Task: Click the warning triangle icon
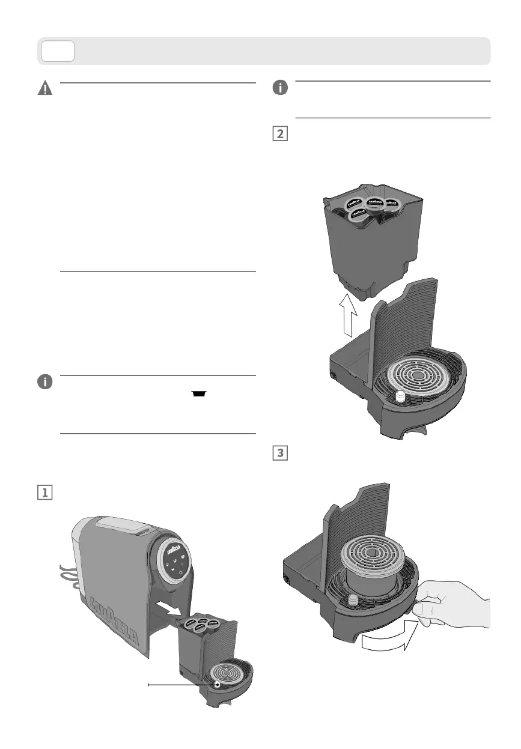[45, 89]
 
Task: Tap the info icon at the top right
[279, 88]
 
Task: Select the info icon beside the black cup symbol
[45, 382]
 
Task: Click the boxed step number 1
[45, 492]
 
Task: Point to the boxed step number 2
[279, 134]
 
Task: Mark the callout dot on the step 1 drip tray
[218, 684]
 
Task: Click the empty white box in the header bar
[58, 51]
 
